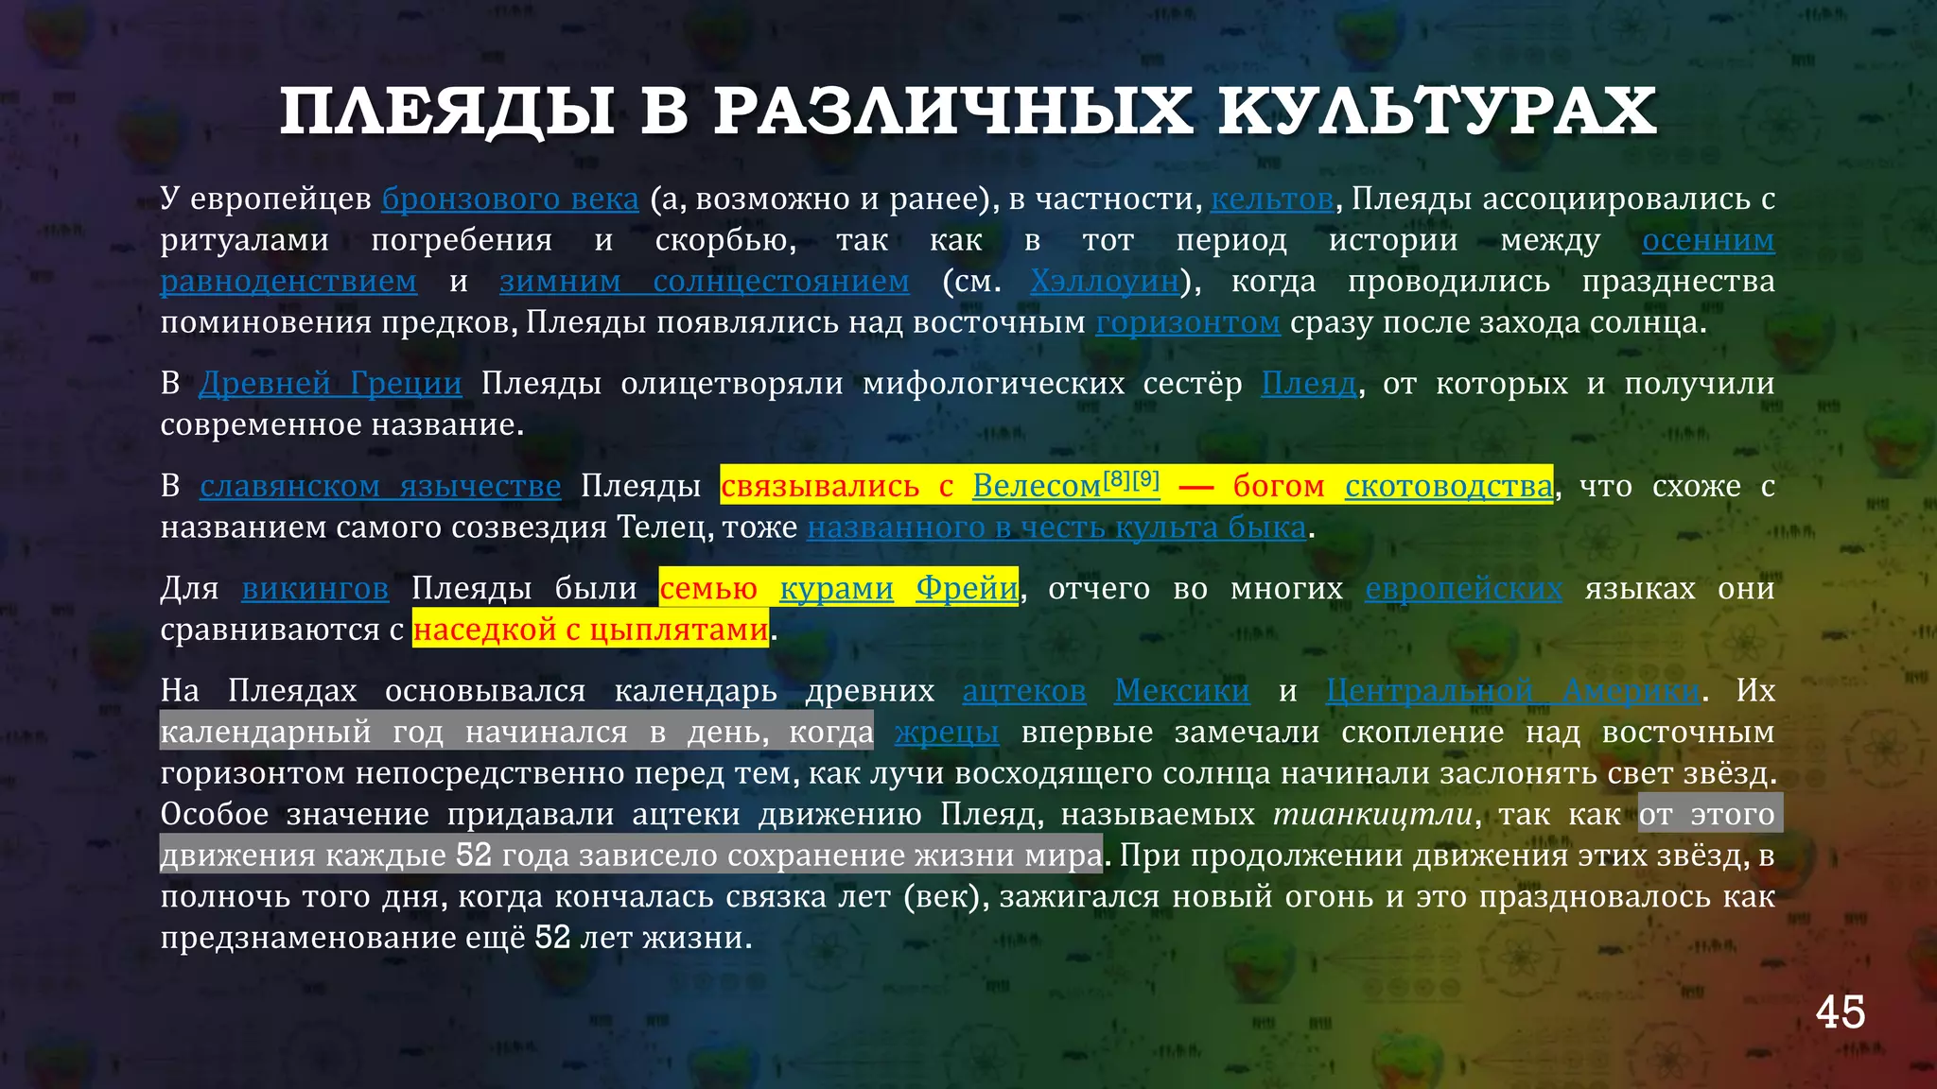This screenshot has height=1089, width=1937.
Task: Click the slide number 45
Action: click(1840, 1012)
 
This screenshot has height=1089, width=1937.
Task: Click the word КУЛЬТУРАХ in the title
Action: click(1437, 112)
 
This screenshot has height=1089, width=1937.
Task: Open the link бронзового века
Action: click(510, 199)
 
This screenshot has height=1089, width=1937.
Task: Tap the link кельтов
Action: click(1271, 199)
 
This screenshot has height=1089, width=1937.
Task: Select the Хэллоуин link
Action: click(1105, 281)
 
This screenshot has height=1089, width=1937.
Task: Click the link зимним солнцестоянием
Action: click(704, 281)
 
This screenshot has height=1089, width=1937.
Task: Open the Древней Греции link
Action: click(330, 383)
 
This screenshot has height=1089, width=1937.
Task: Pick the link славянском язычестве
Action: click(380, 485)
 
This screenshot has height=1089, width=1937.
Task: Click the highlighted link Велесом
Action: click(1036, 486)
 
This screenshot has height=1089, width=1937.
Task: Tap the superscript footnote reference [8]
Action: click(1117, 478)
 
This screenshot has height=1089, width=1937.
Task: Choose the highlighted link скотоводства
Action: click(1448, 486)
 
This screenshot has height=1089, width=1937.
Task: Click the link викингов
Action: click(315, 588)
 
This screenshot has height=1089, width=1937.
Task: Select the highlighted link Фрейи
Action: click(967, 588)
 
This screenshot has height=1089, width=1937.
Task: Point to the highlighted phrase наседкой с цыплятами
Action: click(590, 630)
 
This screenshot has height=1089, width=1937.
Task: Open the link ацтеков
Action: click(1023, 690)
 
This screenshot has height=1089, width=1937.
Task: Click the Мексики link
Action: click(1181, 690)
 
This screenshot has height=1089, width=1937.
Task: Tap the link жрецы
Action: click(946, 732)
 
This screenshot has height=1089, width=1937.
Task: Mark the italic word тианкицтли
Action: click(1373, 814)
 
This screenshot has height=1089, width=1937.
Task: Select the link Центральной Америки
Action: click(1511, 690)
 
